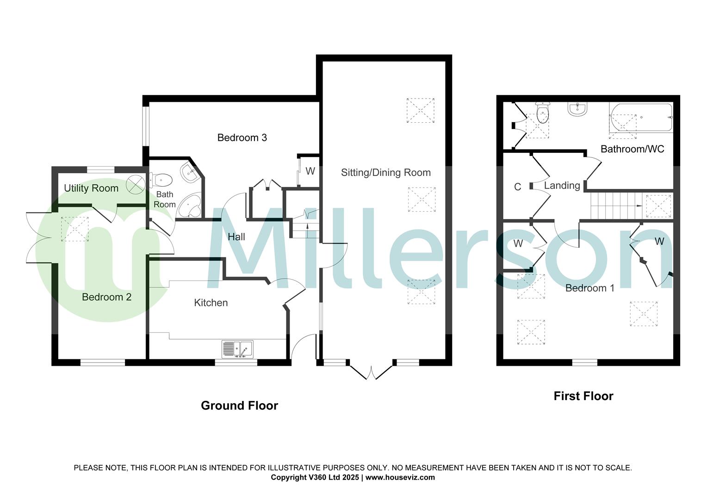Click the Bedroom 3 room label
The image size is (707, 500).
242,137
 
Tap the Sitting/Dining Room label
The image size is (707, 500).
385,173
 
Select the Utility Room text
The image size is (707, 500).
91,188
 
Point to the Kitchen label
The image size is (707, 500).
211,303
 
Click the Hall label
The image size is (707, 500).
236,237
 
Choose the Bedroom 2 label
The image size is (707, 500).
106,297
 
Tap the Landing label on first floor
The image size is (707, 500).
562,186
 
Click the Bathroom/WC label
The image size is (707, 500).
632,149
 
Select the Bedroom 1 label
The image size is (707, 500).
590,288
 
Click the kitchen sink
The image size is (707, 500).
237,349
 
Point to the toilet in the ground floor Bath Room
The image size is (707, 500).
161,179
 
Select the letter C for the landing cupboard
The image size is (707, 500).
517,187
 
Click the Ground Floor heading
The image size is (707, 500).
239,406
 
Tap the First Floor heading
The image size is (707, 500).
583,396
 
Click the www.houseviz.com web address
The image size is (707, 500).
400,477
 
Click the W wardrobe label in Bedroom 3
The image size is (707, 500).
310,171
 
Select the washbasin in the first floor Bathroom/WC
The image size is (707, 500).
577,109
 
